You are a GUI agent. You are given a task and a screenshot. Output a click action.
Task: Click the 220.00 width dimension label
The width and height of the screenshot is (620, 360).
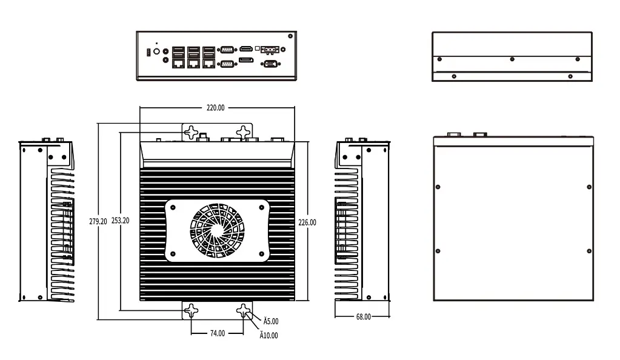tap(215, 108)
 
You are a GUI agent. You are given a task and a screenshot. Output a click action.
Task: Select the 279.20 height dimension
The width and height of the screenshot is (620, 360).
tap(98, 222)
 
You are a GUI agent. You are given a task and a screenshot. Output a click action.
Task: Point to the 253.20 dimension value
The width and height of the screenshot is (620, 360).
tap(120, 222)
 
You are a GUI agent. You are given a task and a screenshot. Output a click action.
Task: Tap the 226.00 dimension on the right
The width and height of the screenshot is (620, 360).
tap(307, 222)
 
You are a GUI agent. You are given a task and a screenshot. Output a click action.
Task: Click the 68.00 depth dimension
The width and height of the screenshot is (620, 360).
tap(363, 316)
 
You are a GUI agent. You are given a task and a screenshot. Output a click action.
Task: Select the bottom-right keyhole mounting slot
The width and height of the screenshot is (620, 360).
tap(244, 312)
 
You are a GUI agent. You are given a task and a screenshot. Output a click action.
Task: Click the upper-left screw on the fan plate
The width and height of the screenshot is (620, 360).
tap(174, 207)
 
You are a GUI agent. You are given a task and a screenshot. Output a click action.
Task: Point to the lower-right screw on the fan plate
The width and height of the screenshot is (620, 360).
tap(261, 253)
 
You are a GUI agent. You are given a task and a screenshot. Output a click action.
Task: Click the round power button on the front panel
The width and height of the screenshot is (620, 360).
tap(156, 52)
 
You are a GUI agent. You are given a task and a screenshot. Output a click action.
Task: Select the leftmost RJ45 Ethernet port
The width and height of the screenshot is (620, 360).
tap(178, 62)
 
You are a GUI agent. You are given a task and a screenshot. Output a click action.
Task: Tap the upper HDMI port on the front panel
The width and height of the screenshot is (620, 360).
tap(245, 48)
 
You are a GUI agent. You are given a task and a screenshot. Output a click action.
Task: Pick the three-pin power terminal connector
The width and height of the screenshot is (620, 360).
tap(270, 48)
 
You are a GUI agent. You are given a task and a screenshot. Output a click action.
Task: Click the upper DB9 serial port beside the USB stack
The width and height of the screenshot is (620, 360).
tap(227, 49)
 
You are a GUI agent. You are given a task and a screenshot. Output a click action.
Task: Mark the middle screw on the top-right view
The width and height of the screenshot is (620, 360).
tap(513, 59)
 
